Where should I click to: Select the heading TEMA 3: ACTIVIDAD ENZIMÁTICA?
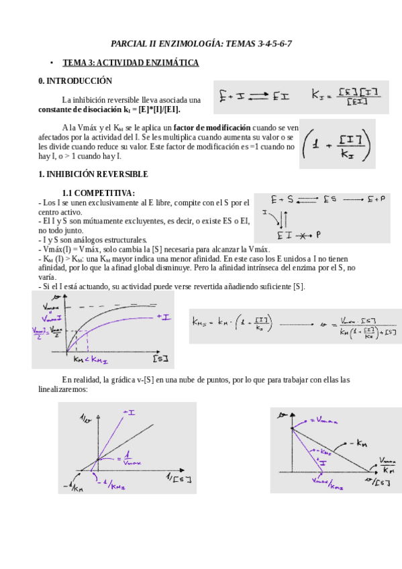click(x=131, y=62)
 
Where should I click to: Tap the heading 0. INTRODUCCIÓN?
click(x=75, y=81)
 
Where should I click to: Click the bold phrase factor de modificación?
click(x=212, y=127)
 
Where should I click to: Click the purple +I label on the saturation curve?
click(x=162, y=315)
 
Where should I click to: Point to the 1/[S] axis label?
click(x=179, y=478)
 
